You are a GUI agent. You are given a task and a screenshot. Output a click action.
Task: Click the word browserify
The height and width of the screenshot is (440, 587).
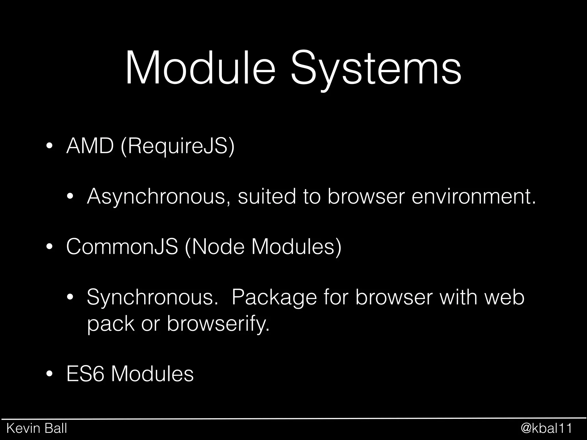click(218, 324)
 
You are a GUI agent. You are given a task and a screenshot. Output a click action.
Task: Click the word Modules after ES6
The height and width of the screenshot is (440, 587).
click(152, 374)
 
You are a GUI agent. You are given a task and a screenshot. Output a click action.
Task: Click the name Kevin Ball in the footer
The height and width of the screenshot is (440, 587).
click(37, 428)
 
